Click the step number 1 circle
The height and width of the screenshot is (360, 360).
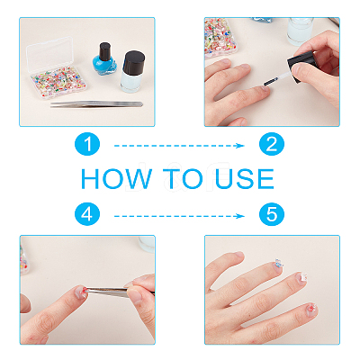(x=87, y=144)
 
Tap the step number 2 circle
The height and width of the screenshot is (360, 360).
(x=272, y=144)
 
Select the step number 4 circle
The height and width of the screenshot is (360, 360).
(x=87, y=214)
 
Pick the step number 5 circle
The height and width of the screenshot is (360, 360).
(x=272, y=214)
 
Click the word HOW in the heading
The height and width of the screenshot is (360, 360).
(x=116, y=179)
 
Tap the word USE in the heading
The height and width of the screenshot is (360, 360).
(x=245, y=179)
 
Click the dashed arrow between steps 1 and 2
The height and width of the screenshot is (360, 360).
(x=179, y=146)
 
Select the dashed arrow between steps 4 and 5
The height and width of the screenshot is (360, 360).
(x=179, y=216)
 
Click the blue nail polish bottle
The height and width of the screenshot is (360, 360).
(x=104, y=60)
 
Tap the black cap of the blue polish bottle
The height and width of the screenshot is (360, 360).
(x=104, y=51)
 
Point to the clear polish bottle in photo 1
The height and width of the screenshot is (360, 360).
(x=132, y=72)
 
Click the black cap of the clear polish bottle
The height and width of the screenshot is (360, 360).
(x=134, y=62)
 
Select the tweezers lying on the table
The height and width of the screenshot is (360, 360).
(x=96, y=104)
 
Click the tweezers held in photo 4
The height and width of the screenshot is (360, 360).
(x=119, y=292)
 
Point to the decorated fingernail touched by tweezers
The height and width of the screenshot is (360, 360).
(x=81, y=292)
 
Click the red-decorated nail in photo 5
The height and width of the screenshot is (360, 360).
(x=311, y=309)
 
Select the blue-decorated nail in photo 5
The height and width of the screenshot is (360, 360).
(x=279, y=264)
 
